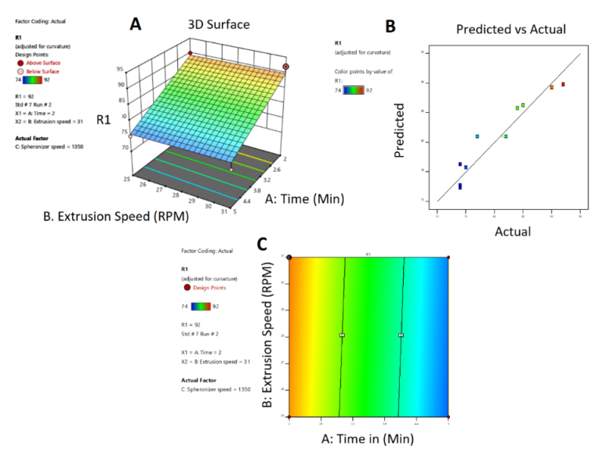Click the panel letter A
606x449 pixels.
[136, 24]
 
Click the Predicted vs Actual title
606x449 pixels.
[511, 29]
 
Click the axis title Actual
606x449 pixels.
[513, 231]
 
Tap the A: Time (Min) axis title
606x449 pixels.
[306, 199]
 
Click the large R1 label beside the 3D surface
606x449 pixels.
[103, 120]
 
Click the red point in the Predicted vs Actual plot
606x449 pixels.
[563, 85]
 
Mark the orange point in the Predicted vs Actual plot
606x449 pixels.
[551, 88]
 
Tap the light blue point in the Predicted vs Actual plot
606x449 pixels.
[477, 136]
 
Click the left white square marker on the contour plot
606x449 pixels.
[342, 335]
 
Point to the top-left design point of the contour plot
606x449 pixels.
[289, 257]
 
